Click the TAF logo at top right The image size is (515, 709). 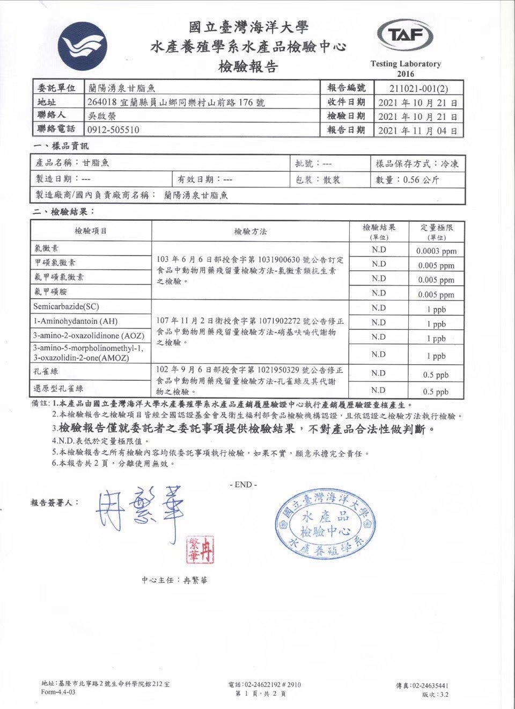coord(405,36)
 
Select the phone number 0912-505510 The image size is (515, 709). coord(113,129)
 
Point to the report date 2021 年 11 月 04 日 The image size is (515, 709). coord(417,131)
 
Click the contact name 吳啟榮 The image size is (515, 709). coord(101,115)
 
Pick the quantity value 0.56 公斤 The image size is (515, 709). coord(421,180)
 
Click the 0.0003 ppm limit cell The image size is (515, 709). coord(436,251)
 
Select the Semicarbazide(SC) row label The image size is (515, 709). coord(66,307)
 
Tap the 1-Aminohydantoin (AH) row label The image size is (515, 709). coord(75,321)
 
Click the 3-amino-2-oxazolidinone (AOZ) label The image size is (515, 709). coord(89,336)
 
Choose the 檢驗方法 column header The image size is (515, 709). coord(250,231)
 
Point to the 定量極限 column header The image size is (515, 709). coord(436,228)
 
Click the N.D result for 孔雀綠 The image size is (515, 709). coord(378,373)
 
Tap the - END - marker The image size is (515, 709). coord(243,484)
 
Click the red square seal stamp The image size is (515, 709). coord(200,549)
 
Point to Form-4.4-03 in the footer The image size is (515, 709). coord(58,692)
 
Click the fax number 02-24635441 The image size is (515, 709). coord(429,685)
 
